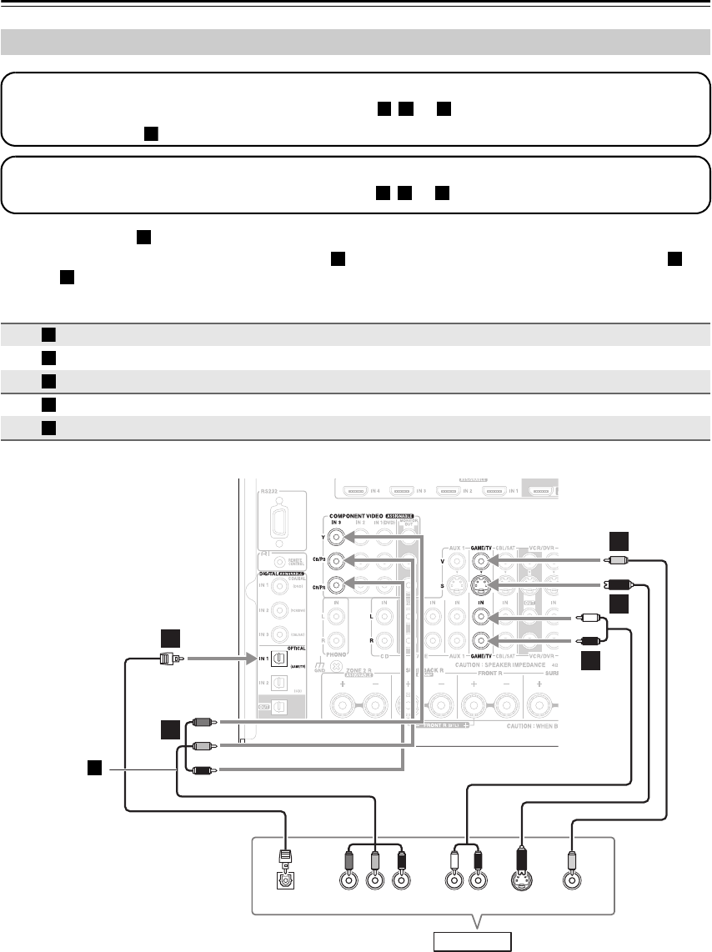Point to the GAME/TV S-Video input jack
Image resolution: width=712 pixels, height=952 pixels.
[x=481, y=584]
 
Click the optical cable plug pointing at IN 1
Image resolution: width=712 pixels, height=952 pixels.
[x=168, y=659]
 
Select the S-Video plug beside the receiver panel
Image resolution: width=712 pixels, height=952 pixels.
[x=619, y=584]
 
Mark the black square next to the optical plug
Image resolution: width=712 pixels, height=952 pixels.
[x=172, y=640]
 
